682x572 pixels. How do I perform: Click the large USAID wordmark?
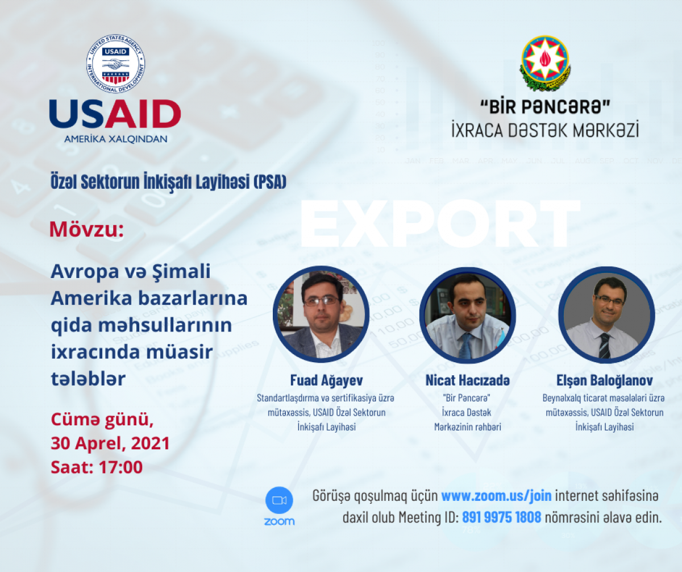coord(115,114)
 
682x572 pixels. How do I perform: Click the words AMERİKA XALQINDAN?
coord(115,139)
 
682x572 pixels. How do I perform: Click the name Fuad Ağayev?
coord(321,381)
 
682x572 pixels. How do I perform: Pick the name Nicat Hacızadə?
coord(468,381)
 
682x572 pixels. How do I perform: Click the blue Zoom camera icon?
coord(279,500)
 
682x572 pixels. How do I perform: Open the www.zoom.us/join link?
coord(496,496)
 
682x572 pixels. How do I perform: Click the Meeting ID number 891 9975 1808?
coord(501,518)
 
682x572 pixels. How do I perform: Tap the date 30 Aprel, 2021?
coord(110,443)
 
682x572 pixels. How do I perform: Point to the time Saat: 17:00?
coord(96,467)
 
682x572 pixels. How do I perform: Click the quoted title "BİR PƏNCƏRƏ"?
coord(544,106)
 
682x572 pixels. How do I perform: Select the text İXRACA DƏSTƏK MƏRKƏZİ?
coord(544,130)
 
